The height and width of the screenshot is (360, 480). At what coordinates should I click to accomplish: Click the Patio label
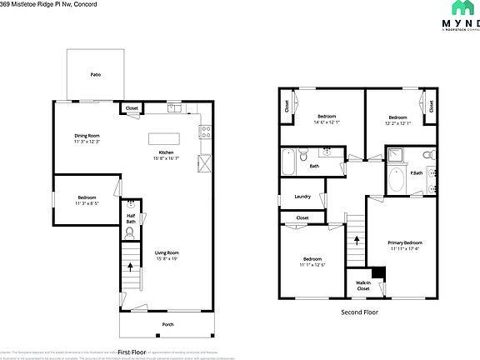(x=96, y=74)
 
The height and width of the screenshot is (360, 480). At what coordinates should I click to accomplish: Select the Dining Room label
(x=87, y=135)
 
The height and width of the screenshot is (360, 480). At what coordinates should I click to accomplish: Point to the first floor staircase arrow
(x=130, y=267)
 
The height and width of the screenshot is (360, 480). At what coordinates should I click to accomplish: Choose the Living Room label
(x=167, y=252)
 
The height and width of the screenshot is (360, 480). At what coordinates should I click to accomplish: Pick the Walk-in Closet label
(x=362, y=286)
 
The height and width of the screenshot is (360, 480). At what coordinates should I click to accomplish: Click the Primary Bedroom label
(x=405, y=243)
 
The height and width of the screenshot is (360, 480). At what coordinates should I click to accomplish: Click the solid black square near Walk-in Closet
(x=378, y=272)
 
